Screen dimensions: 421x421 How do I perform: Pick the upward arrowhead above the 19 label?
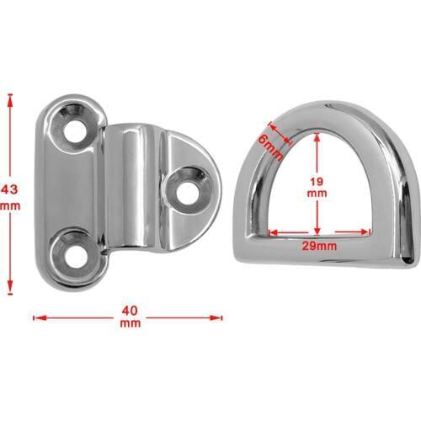pyautogui.click(x=317, y=137)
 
